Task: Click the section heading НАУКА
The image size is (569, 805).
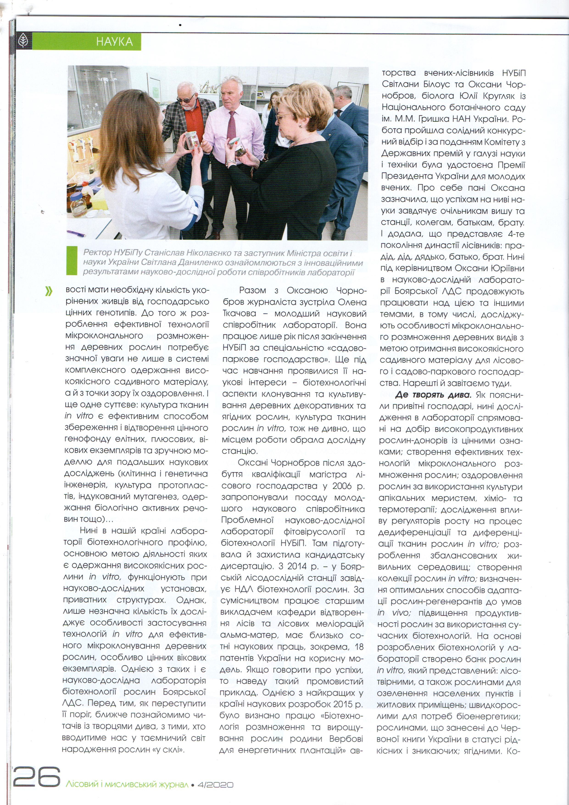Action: (114, 42)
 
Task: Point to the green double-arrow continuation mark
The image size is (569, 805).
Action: (49, 291)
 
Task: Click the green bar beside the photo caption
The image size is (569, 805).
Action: (72, 261)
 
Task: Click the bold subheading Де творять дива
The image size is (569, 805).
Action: (433, 395)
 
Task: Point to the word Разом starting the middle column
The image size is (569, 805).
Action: (252, 290)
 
